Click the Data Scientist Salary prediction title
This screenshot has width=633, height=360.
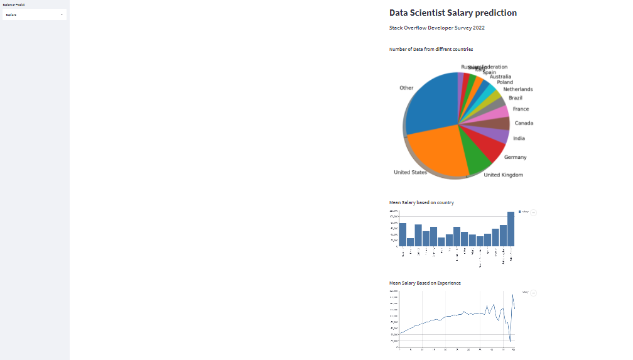(453, 13)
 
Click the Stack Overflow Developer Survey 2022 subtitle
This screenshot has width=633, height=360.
(436, 28)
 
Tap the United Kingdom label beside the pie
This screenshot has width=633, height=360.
(503, 175)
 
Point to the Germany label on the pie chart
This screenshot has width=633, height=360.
(515, 157)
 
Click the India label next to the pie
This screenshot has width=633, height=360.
(519, 138)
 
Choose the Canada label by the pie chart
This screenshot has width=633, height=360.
(523, 123)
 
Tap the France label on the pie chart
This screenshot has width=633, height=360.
(521, 109)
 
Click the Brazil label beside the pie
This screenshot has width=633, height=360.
(515, 98)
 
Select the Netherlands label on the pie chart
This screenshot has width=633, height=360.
(517, 89)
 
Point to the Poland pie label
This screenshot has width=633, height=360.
(504, 82)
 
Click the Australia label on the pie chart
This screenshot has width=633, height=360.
(500, 77)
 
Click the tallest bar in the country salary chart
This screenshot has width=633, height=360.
(511, 229)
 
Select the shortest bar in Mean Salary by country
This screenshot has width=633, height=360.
(410, 242)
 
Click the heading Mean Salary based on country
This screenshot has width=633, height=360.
(421, 203)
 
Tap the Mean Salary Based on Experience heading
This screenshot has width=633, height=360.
(425, 283)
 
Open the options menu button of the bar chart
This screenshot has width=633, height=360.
(534, 213)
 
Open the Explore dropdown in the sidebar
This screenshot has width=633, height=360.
(35, 14)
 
